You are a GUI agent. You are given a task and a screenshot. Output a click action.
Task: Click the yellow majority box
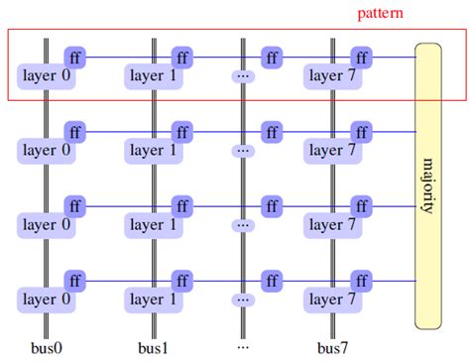[x=427, y=185]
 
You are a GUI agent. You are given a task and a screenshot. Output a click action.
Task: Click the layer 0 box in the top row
[x=47, y=75]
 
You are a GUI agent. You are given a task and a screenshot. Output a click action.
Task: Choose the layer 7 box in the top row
[x=333, y=75]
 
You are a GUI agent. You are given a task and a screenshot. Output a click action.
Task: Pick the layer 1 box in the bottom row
[x=155, y=299]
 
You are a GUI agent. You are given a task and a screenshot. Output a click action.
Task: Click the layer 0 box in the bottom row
[x=47, y=299]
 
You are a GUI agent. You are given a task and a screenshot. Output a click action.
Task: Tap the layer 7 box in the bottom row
[x=333, y=299]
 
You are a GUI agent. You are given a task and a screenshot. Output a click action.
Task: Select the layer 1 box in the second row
[x=155, y=151]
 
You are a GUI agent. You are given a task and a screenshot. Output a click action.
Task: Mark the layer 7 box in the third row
[x=333, y=225]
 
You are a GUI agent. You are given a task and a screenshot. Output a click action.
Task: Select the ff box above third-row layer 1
[x=182, y=206]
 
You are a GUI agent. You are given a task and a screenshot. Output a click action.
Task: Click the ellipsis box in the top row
[x=243, y=75]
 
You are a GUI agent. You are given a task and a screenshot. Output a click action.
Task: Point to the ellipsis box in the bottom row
[x=243, y=299]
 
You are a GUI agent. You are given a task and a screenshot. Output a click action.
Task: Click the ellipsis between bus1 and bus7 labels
[x=243, y=347]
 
